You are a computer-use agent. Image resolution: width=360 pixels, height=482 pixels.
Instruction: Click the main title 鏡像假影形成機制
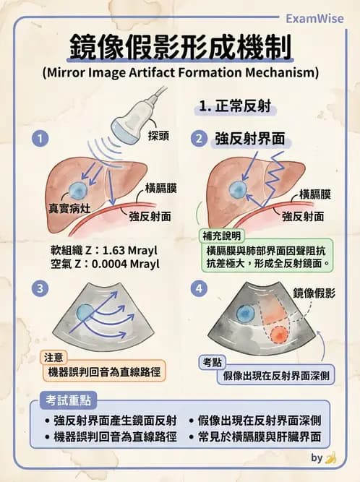point(180,48)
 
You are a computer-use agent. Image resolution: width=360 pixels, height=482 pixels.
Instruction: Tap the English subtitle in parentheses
point(180,73)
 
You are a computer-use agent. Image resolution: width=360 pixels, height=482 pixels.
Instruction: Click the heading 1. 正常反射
point(235,106)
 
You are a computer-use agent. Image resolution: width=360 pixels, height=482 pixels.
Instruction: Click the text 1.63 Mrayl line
point(101,251)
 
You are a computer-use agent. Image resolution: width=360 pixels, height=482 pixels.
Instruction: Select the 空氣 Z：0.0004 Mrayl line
point(101,264)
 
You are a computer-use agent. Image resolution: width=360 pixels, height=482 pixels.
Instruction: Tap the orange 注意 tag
point(53,357)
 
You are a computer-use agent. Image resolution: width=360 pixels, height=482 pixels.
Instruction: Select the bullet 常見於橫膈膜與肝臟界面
point(258,437)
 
